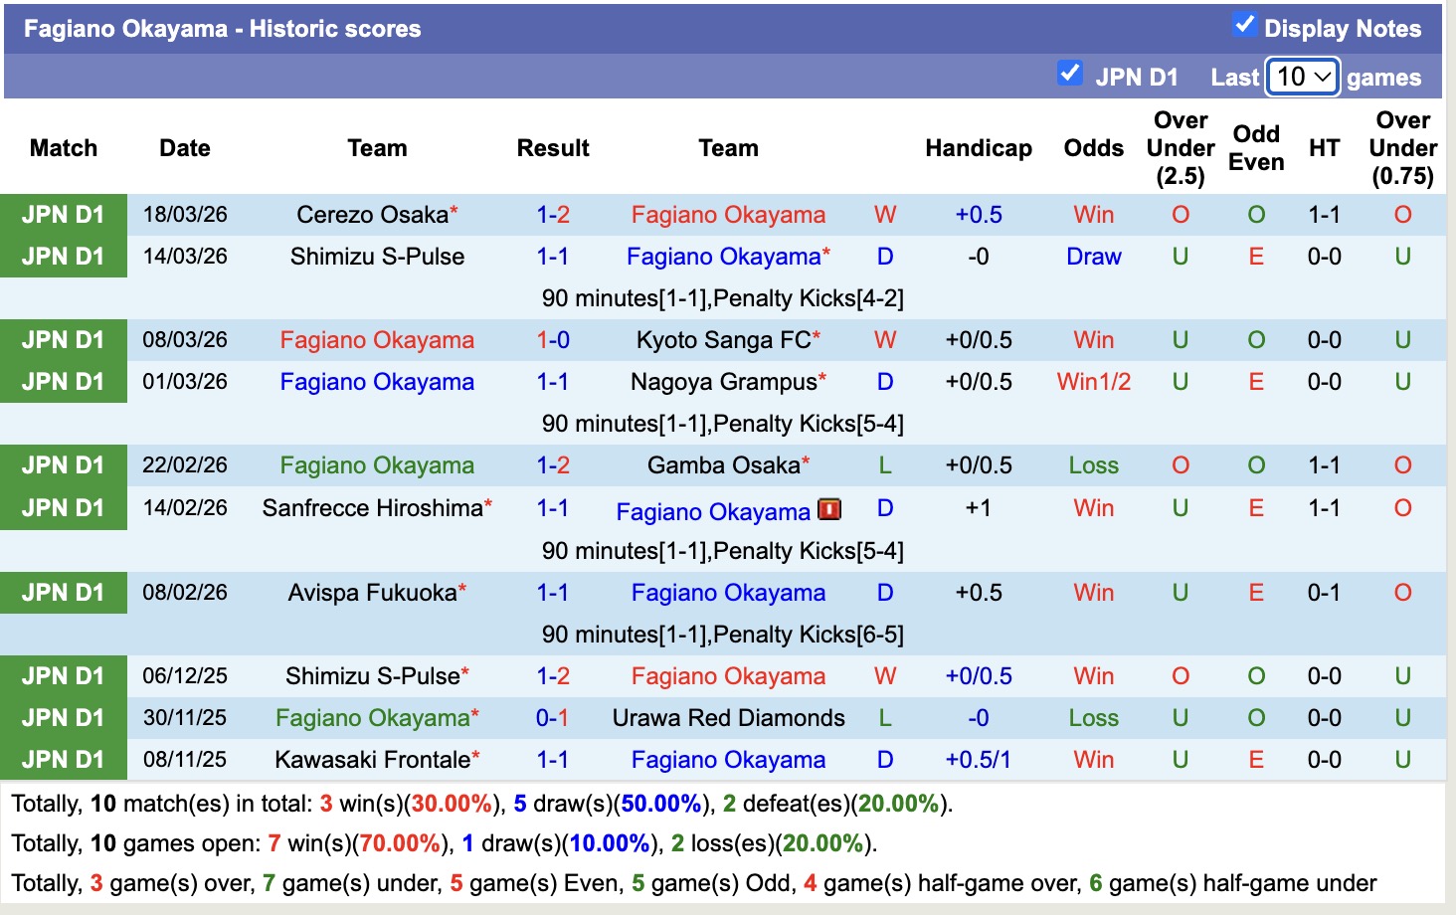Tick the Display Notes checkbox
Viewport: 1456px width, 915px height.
[x=1244, y=25]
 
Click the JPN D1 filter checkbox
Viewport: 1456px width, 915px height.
[x=1070, y=74]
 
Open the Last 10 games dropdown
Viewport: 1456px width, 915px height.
[x=1303, y=77]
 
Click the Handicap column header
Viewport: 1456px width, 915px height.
[x=978, y=148]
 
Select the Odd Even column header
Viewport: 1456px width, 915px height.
[x=1256, y=148]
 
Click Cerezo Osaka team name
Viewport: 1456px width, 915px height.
[x=372, y=215]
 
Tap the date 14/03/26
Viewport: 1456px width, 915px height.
[x=185, y=257]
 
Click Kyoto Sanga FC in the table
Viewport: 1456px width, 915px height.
[x=723, y=340]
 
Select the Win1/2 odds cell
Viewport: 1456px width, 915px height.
[x=1093, y=382]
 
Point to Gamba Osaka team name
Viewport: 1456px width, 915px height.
[x=723, y=465]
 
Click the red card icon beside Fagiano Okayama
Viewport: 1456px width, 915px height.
[x=829, y=509]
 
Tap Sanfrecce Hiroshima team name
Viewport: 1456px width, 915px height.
[x=372, y=508]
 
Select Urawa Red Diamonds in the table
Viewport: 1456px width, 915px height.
[x=728, y=718]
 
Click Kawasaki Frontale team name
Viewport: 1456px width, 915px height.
[x=372, y=760]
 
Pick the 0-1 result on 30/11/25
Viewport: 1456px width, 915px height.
[x=552, y=718]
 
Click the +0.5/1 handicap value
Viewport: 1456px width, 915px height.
[x=978, y=760]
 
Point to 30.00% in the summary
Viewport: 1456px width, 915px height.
[x=452, y=804]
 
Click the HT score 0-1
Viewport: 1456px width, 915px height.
[x=1324, y=593]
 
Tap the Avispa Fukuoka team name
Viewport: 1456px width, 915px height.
[x=372, y=593]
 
